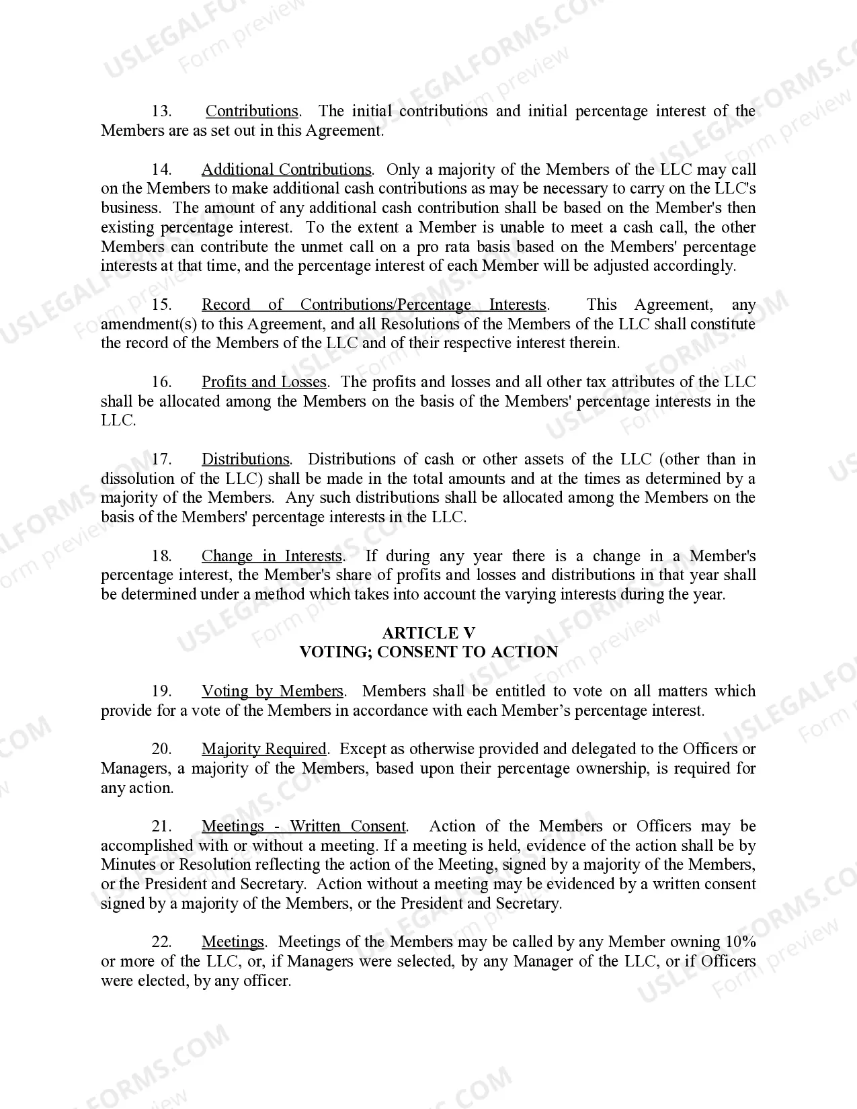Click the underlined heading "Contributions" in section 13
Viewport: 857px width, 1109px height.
[x=252, y=111]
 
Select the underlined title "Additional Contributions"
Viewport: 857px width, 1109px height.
[x=286, y=169]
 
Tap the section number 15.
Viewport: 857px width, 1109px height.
[x=161, y=305]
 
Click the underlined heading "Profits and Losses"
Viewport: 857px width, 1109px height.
[x=264, y=382]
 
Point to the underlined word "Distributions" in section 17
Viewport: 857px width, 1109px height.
[x=246, y=460]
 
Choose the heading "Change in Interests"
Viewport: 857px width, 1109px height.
[x=272, y=557]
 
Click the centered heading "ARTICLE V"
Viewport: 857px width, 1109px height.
[x=428, y=633]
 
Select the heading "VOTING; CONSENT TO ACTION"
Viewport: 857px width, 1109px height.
[x=428, y=652]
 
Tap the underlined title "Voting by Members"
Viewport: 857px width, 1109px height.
[x=272, y=692]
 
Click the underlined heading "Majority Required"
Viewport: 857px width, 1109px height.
[x=264, y=749]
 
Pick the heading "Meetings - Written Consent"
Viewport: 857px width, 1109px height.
[x=304, y=827]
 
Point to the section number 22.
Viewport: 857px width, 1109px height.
[x=161, y=942]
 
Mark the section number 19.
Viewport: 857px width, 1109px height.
[x=161, y=692]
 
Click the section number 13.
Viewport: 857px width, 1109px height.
[x=161, y=111]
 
